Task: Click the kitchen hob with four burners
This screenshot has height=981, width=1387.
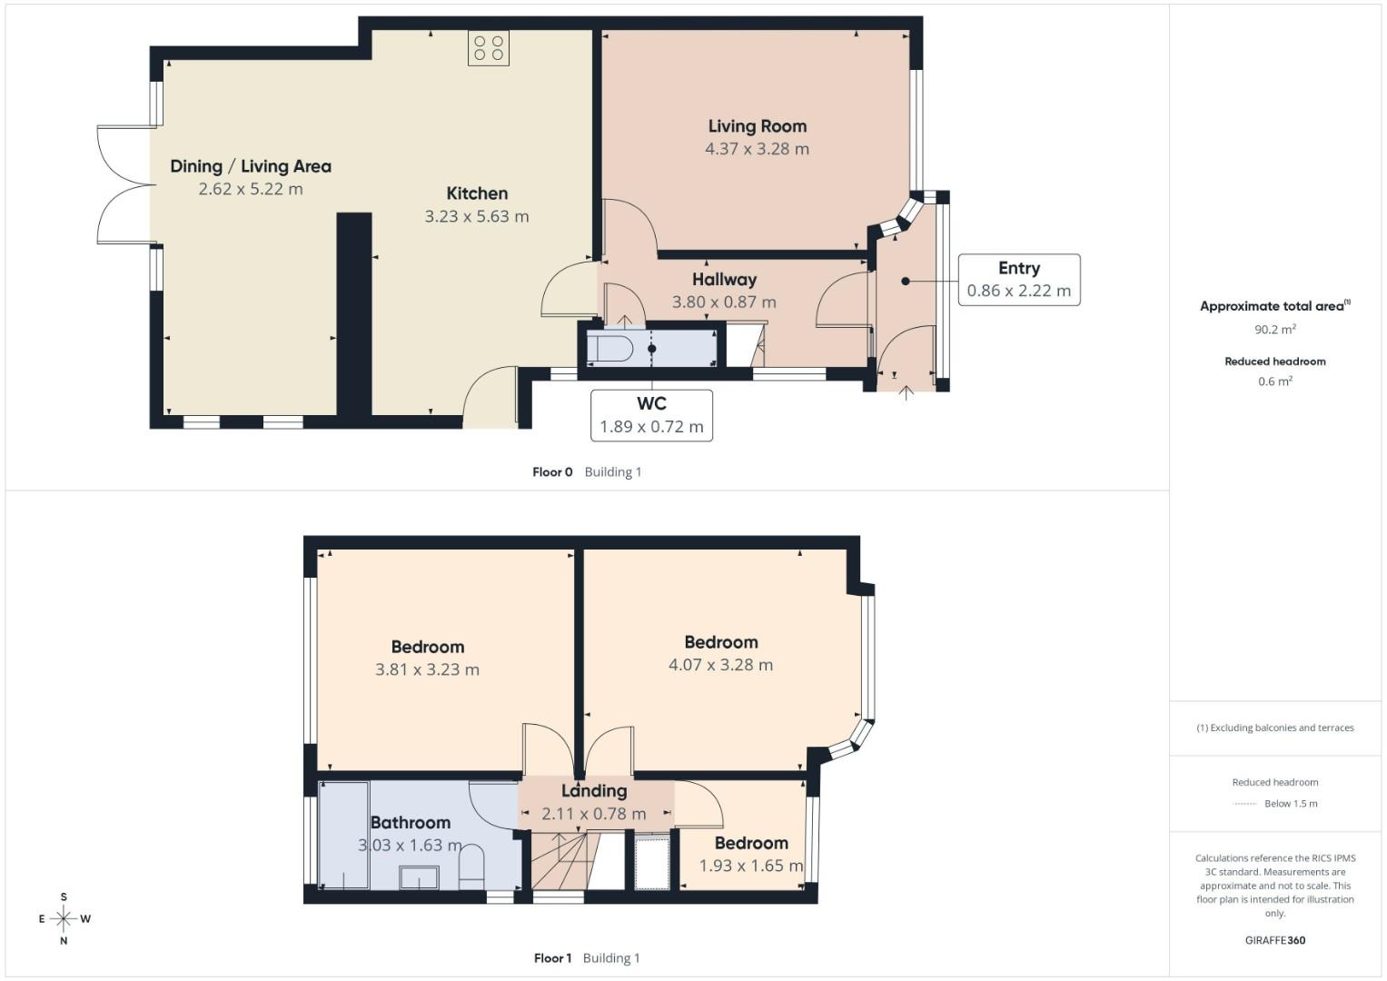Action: point(489,48)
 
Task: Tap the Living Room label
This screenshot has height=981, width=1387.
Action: point(757,126)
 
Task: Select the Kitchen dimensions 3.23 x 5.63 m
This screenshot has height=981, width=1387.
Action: point(476,216)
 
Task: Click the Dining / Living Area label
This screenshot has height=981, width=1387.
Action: point(251,166)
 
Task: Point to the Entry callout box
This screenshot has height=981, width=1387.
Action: point(1018,280)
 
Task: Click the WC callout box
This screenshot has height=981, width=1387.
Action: point(651,415)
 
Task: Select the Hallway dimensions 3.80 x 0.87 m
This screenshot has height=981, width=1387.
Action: point(723,302)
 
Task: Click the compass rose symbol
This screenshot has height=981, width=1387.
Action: point(64,918)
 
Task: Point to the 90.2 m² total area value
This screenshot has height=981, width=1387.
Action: point(1276,330)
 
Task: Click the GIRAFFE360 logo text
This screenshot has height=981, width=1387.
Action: point(1274,940)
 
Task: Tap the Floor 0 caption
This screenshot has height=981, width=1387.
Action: point(552,471)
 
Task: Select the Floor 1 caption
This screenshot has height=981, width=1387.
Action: point(552,957)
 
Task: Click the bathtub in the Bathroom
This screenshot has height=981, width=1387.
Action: point(344,835)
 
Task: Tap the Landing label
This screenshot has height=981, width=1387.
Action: point(594,791)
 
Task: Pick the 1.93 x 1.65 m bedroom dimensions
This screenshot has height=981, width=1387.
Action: point(750,866)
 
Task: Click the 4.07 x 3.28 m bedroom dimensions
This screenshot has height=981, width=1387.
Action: point(720,665)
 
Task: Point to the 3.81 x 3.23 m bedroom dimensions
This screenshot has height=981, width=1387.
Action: point(427,669)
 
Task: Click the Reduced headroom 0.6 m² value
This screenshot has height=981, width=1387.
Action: point(1274,381)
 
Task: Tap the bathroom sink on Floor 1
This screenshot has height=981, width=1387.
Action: point(419,877)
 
